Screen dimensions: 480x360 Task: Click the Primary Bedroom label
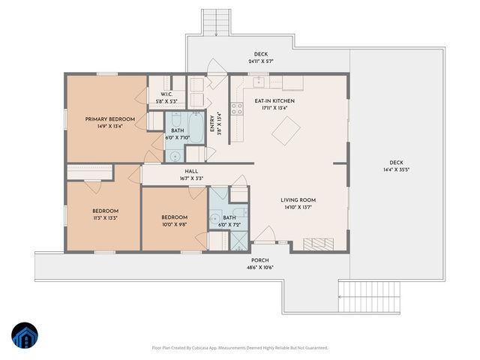pos(110,119)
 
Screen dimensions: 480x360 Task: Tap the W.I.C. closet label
pos(166,94)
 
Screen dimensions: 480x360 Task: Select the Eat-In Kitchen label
pos(274,100)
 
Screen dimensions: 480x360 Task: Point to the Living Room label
pos(298,200)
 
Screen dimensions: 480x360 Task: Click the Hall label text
pos(191,172)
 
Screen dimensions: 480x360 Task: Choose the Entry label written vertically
pos(211,124)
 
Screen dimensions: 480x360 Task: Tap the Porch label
pos(260,260)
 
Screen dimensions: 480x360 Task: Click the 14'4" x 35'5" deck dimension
pos(397,169)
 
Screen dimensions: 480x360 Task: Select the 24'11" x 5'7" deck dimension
pos(261,61)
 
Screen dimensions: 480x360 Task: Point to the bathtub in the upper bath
pos(196,127)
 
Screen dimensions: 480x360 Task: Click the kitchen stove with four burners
pos(237,108)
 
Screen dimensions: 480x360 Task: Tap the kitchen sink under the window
pos(259,82)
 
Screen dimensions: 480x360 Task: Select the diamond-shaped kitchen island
pos(286,130)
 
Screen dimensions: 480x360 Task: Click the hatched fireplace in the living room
pos(318,244)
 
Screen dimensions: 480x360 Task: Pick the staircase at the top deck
pos(216,22)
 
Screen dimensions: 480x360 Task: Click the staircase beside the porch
pos(369,296)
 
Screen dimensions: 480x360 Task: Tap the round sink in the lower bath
pos(215,218)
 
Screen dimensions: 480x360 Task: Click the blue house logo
pos(25,335)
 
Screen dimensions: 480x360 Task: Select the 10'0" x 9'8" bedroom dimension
pos(175,224)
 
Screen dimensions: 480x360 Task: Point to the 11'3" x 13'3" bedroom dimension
pos(105,218)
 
